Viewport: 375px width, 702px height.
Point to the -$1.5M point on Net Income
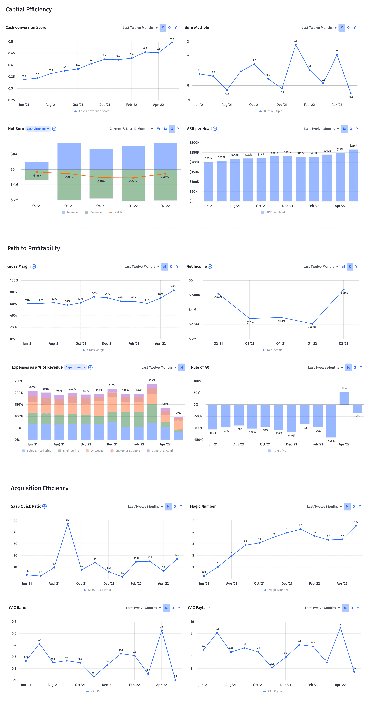coord(312,324)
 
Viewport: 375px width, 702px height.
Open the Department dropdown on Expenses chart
coord(75,367)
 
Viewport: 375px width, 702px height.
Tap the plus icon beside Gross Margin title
coord(34,266)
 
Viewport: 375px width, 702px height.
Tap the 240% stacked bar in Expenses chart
coord(152,411)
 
